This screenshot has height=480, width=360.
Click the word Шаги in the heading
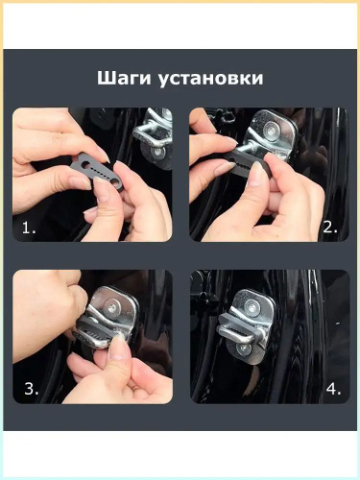124,79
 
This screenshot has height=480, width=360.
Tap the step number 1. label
29,228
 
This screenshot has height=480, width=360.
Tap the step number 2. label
330,228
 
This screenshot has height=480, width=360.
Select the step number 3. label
32,389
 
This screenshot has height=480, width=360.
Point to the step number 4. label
334,389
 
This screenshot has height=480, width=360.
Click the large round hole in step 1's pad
86,164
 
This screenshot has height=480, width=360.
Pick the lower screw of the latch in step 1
156,153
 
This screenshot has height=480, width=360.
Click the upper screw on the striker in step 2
272,130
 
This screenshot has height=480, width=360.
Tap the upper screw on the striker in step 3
112,308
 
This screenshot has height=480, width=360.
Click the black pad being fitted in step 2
247,163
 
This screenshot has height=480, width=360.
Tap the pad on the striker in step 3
96,330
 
